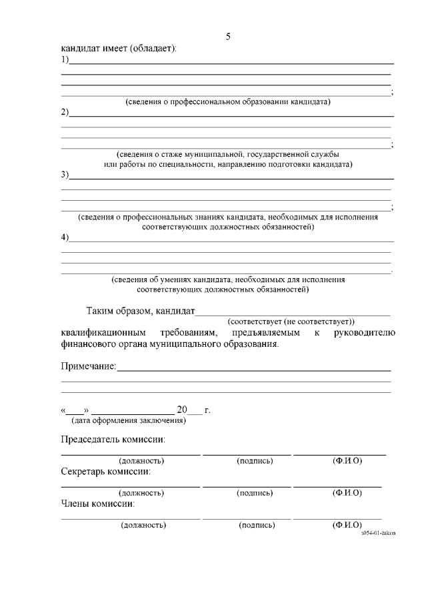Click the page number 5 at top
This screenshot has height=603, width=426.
click(228, 36)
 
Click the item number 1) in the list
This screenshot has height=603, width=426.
click(65, 59)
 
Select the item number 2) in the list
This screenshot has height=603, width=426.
click(65, 112)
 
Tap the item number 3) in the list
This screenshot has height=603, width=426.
click(65, 175)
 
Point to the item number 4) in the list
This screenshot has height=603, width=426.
click(65, 237)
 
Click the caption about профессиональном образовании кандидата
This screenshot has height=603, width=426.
click(228, 102)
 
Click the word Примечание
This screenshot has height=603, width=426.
click(89, 366)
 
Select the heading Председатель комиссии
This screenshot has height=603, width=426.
click(113, 440)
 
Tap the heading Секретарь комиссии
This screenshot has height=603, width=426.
click(105, 471)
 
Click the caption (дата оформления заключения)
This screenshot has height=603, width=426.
click(128, 420)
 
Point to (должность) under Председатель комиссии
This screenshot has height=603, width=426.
click(141, 461)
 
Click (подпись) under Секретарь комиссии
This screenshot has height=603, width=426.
click(255, 493)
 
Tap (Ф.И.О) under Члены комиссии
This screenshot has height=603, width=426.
click(347, 525)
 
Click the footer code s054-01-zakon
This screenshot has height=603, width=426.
click(377, 533)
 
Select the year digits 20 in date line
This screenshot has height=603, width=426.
click(183, 410)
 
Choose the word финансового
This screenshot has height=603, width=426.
click(89, 344)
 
